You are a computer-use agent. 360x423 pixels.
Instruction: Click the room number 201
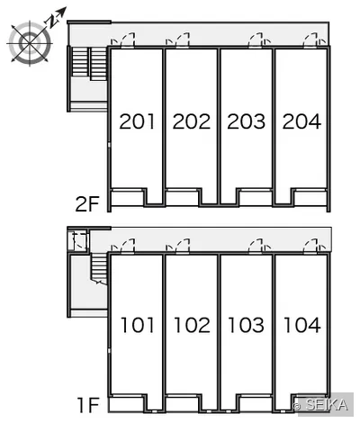tap(137, 121)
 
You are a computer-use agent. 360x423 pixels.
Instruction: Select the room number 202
tap(192, 121)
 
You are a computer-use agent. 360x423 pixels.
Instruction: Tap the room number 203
tap(247, 121)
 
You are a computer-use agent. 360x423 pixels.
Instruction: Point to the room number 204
tap(301, 121)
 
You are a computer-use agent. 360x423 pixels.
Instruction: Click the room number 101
tap(137, 325)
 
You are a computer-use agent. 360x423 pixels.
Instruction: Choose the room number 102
tap(192, 325)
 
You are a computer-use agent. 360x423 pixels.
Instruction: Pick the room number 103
tap(246, 325)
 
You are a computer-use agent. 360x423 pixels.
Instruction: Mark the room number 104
tap(302, 325)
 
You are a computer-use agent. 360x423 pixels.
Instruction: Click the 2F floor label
tap(87, 204)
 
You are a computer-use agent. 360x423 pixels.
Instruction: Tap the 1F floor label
tap(88, 405)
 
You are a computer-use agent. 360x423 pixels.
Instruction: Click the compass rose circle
tap(30, 43)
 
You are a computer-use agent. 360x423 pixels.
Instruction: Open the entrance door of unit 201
tap(128, 40)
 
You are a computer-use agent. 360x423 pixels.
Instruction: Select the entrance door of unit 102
tap(183, 247)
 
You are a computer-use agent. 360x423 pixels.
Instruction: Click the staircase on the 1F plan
tap(99, 269)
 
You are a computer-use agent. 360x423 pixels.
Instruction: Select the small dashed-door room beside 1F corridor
tap(78, 240)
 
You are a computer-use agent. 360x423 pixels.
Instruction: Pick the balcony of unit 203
tap(256, 197)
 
